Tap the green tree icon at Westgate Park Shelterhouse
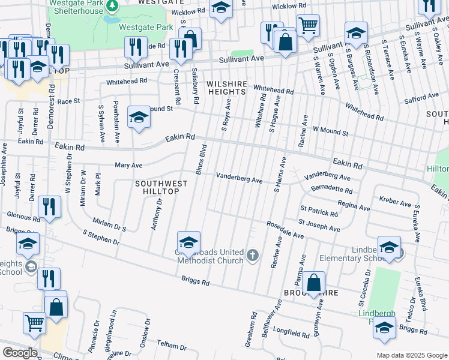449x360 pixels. tap(112, 5)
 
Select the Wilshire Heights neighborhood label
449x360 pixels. tap(226, 88)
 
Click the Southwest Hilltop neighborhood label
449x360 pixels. tap(157, 187)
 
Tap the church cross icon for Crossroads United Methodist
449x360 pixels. tap(253, 256)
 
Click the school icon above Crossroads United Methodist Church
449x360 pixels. tap(189, 242)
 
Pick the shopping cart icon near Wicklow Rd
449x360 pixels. tap(308, 25)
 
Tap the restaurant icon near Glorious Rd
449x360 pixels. tap(49, 207)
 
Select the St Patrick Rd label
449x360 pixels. tap(319, 211)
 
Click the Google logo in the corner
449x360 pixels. tap(19, 353)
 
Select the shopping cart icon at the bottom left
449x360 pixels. tap(34, 322)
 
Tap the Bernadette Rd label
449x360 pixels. tap(331, 189)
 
